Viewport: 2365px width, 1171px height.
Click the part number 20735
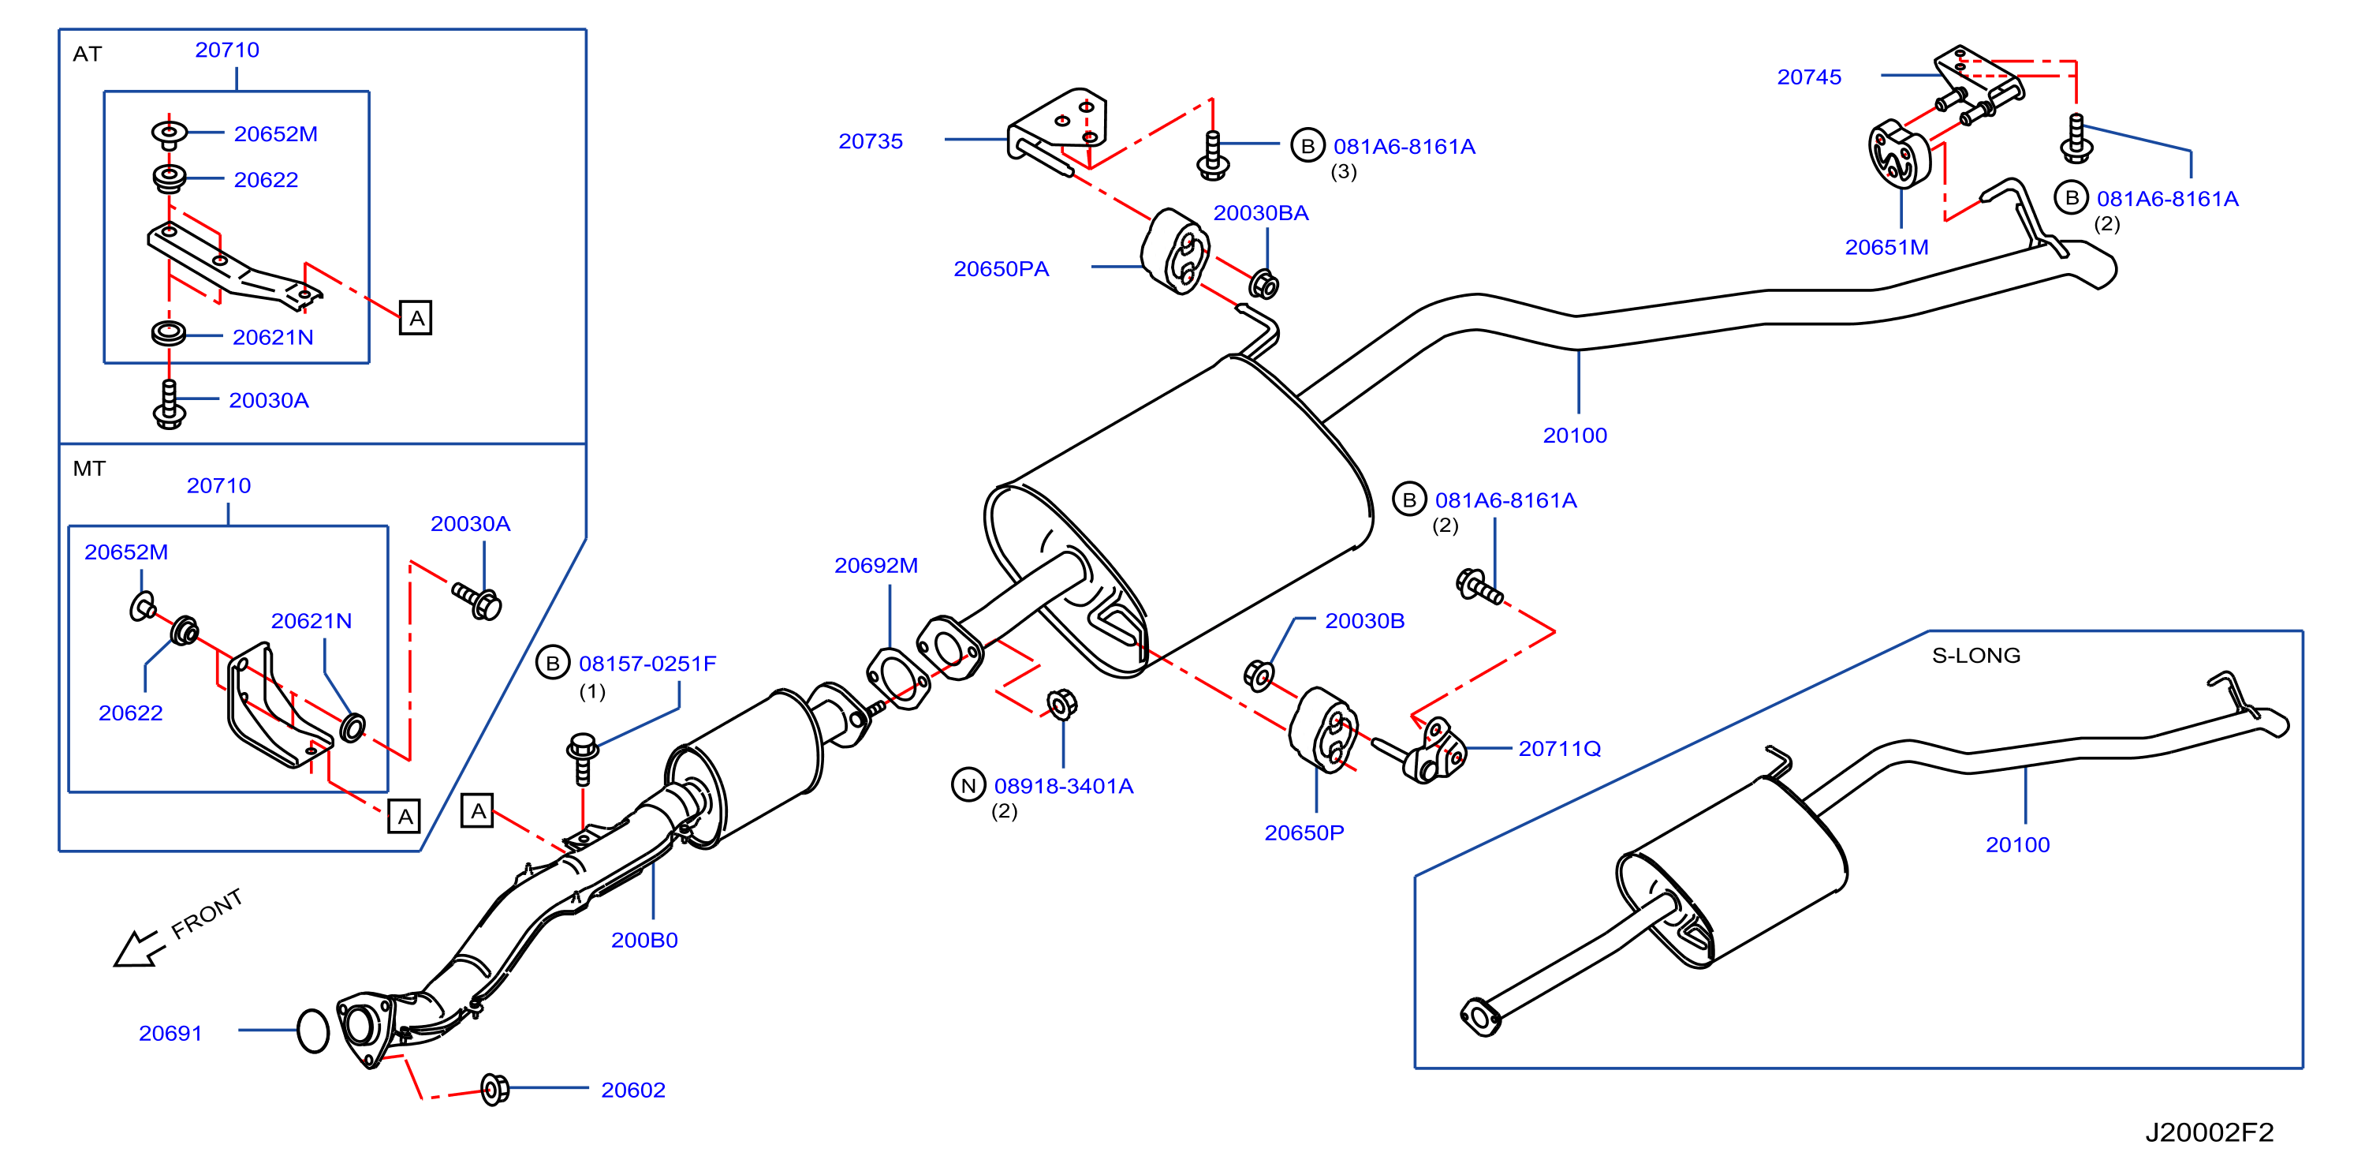coord(871,141)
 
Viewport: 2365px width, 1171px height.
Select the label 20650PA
coord(1001,269)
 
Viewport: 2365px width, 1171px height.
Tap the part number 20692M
coord(876,566)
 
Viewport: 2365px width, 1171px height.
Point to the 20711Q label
coord(1560,749)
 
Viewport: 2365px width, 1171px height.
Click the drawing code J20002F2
coord(2209,1132)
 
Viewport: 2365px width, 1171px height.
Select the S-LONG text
coord(1975,656)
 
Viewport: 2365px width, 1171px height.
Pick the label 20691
coord(170,1033)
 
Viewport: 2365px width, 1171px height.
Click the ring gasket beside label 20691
coord(313,1031)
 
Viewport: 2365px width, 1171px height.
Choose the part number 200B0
coord(644,941)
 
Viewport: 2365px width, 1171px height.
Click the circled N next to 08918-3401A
coord(968,785)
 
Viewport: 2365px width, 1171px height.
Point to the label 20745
coord(1808,77)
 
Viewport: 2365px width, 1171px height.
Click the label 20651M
coord(1886,247)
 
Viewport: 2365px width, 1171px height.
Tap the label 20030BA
coord(1260,213)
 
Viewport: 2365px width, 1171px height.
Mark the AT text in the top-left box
coord(88,54)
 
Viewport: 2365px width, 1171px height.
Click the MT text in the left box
coord(89,470)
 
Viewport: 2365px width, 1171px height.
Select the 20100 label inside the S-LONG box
coord(2017,845)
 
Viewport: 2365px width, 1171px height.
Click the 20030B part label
coord(1364,621)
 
